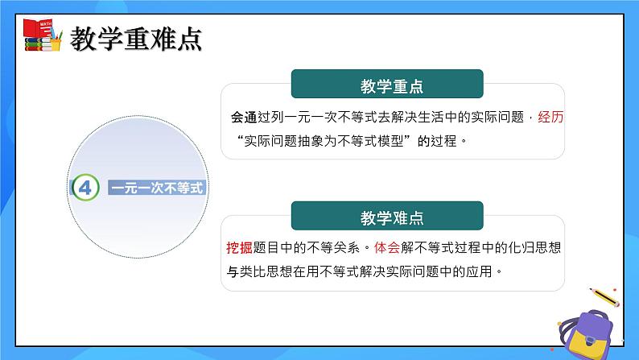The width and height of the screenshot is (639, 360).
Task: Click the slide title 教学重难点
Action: [135, 37]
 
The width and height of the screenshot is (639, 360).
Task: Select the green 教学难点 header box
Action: [386, 217]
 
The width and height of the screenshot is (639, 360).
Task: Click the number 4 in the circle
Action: [85, 188]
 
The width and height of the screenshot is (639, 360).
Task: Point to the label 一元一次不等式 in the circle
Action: [156, 188]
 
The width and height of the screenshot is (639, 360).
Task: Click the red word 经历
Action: [548, 117]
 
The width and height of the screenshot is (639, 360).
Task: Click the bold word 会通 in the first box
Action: [242, 117]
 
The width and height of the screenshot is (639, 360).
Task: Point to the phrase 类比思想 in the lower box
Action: [271, 271]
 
